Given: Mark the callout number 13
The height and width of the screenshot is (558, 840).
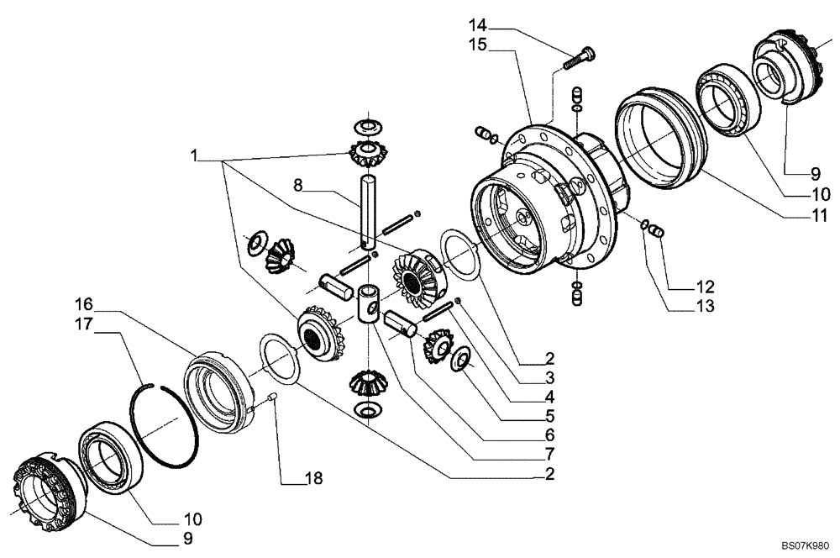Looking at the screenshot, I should (x=704, y=308).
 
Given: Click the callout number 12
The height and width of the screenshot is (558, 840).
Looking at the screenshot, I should (x=704, y=285).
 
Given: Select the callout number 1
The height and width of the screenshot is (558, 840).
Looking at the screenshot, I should (x=194, y=155).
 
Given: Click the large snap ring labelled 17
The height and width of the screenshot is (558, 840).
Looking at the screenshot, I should (x=167, y=419).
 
